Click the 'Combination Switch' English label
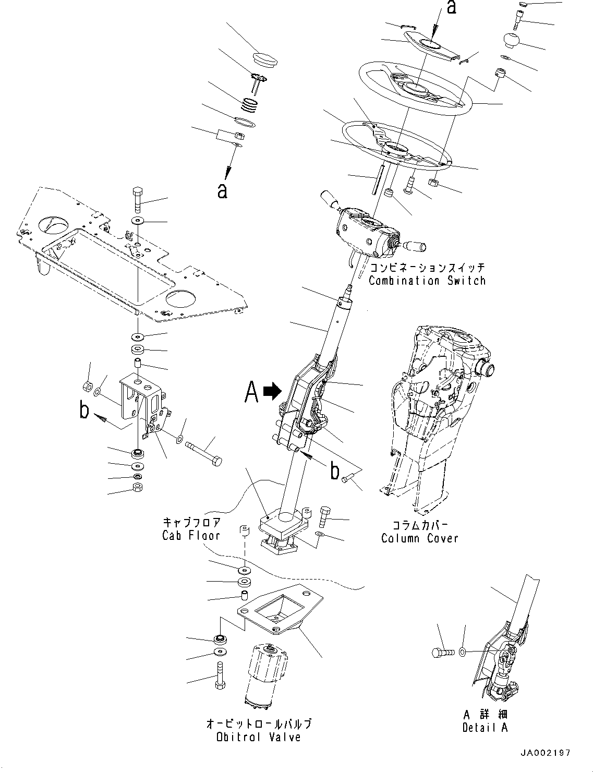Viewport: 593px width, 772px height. [427, 281]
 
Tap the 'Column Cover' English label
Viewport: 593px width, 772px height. [419, 538]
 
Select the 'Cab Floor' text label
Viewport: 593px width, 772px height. [191, 535]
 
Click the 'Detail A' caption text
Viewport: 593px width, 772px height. [485, 727]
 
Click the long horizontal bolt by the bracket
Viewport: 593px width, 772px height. [203, 450]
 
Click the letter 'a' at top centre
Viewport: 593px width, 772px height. [452, 8]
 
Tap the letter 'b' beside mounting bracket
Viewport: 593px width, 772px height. [84, 411]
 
